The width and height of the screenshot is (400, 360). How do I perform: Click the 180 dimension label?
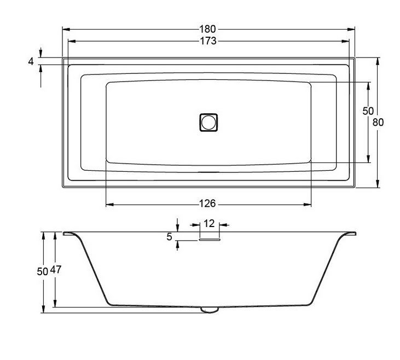click(208, 28)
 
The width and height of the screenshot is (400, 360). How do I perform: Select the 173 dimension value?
click(208, 41)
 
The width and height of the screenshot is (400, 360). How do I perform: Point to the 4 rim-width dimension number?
click(31, 61)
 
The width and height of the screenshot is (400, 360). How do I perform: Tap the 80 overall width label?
click(378, 122)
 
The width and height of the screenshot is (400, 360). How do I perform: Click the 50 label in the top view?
click(368, 111)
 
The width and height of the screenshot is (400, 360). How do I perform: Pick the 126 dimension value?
click(208, 204)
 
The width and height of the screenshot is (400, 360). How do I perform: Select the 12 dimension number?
click(209, 223)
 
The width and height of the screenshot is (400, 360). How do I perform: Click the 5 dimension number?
click(170, 237)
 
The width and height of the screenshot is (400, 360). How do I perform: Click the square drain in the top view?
click(208, 122)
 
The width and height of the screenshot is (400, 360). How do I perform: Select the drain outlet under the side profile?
click(209, 310)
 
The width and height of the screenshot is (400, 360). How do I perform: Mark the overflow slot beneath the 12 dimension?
click(209, 238)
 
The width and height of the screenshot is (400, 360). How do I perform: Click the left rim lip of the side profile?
click(69, 234)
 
